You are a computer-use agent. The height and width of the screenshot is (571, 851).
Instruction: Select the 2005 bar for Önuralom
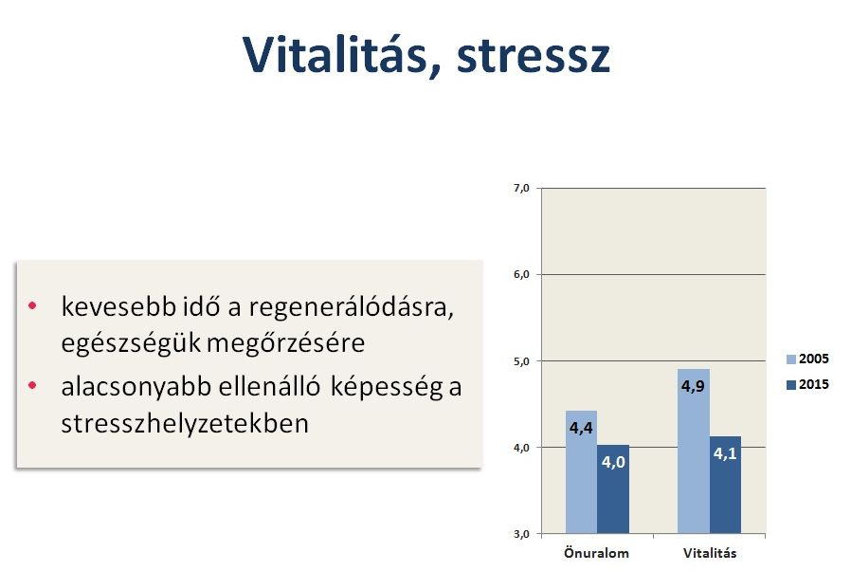pyautogui.click(x=581, y=472)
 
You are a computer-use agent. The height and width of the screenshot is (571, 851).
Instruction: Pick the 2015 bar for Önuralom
pyautogui.click(x=613, y=489)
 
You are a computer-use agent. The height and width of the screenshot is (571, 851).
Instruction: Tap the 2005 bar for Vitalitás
pyautogui.click(x=694, y=451)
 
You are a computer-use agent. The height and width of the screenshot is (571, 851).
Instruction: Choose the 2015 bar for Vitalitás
pyautogui.click(x=726, y=485)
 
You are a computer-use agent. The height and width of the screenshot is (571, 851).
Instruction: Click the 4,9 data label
pyautogui.click(x=693, y=386)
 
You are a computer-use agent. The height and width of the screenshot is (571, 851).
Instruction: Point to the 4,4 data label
pyautogui.click(x=581, y=428)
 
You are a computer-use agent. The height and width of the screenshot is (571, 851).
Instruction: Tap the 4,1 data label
pyautogui.click(x=725, y=453)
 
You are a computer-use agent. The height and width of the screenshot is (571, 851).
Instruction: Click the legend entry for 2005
pyautogui.click(x=807, y=359)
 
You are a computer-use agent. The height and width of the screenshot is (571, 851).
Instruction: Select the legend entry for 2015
pyautogui.click(x=807, y=384)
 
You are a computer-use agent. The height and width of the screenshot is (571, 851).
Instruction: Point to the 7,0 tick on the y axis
pyautogui.click(x=521, y=188)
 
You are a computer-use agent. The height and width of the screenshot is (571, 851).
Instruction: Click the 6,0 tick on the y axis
pyautogui.click(x=521, y=274)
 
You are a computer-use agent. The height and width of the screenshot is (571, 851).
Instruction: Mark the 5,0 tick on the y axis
pyautogui.click(x=521, y=361)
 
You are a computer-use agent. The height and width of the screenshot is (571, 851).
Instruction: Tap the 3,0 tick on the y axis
pyautogui.click(x=521, y=534)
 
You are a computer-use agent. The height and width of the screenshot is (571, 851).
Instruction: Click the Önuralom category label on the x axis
pyautogui.click(x=596, y=553)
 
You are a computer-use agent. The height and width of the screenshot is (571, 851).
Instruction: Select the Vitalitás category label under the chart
pyautogui.click(x=710, y=553)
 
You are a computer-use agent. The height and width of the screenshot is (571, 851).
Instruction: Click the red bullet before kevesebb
pyautogui.click(x=32, y=305)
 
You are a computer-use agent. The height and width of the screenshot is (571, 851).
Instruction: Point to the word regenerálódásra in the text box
pyautogui.click(x=352, y=308)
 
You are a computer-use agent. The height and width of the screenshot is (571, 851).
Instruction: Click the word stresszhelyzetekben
pyautogui.click(x=185, y=424)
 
